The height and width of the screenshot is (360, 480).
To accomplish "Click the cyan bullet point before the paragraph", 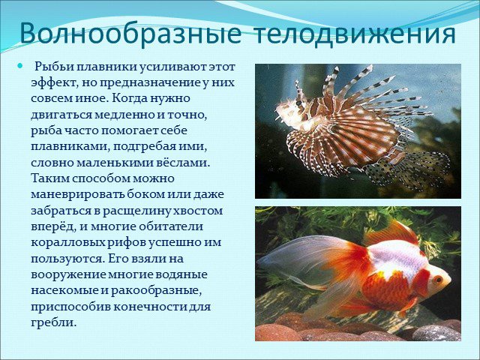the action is click(x=20, y=65).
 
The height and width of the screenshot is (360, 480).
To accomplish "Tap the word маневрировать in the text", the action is click(x=77, y=194).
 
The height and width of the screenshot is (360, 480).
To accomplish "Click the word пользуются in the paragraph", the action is click(x=67, y=259).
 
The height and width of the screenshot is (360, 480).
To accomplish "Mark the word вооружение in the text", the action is click(x=68, y=274).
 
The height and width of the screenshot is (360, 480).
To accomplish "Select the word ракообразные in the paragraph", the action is click(x=156, y=290).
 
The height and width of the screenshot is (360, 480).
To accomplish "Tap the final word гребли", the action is click(x=53, y=322).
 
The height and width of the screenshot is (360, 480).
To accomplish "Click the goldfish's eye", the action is click(x=438, y=279).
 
